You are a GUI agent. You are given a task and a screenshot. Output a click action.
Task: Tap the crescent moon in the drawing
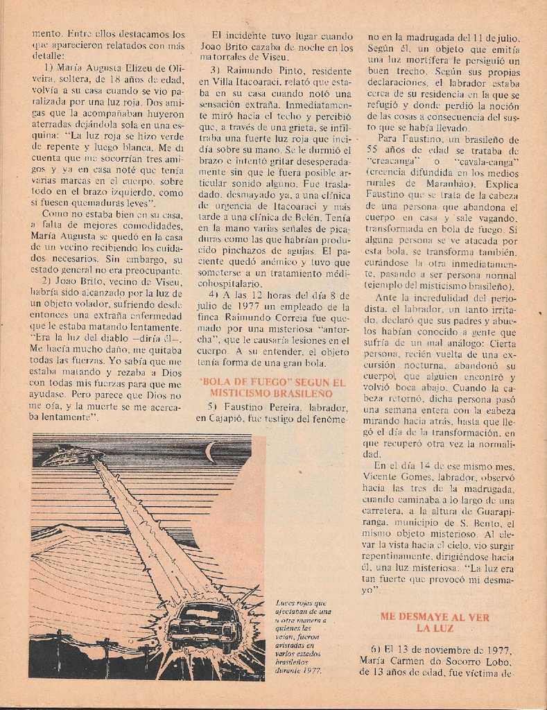(x=229, y=452)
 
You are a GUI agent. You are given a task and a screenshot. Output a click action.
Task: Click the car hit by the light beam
(x=204, y=626)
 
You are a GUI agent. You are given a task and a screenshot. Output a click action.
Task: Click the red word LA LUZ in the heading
(x=435, y=628)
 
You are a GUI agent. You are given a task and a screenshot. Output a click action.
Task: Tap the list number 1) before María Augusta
(x=49, y=68)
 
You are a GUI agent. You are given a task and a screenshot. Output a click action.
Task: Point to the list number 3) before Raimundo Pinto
(x=215, y=71)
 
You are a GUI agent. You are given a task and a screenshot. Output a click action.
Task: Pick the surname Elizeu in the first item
(x=144, y=68)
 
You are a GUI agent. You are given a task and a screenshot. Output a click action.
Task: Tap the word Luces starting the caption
(x=286, y=603)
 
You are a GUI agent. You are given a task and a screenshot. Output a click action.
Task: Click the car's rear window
(x=203, y=614)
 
